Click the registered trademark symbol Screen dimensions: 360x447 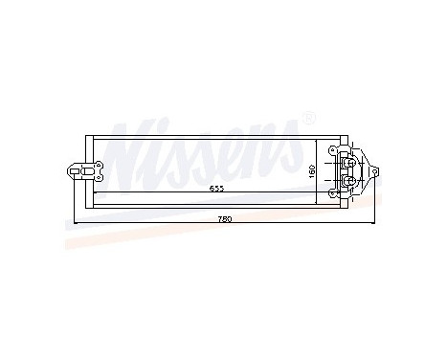(308, 118)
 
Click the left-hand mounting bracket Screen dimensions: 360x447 (80, 171)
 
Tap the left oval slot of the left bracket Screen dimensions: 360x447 (75, 171)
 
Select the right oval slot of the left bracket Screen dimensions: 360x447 (93, 171)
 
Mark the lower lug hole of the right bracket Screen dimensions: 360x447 (333, 192)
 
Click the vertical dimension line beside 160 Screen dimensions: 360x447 (317, 168)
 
